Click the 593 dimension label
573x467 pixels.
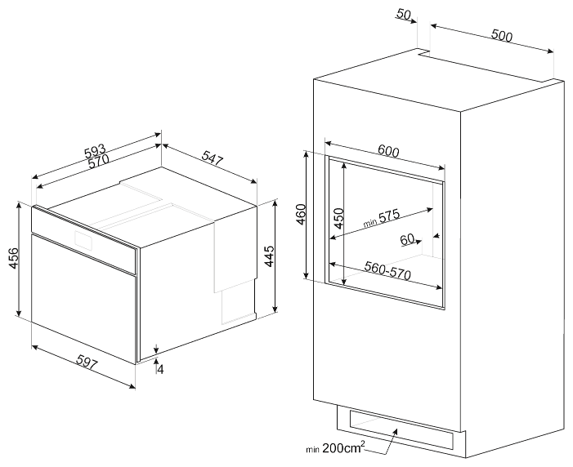click(95, 150)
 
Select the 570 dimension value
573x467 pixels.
click(98, 161)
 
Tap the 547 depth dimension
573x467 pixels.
click(213, 158)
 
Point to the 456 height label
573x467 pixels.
click(14, 258)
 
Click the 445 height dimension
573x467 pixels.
click(269, 256)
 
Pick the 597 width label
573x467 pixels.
click(87, 363)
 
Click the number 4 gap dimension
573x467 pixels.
click(160, 369)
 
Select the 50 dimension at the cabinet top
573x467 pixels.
click(404, 14)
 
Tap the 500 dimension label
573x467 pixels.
click(502, 35)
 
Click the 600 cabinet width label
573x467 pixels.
click(388, 151)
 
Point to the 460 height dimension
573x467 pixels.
click(300, 215)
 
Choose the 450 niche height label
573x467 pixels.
click(338, 218)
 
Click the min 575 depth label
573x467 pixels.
click(382, 218)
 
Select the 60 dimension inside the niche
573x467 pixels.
click(407, 239)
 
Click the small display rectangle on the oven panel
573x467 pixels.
click(84, 239)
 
